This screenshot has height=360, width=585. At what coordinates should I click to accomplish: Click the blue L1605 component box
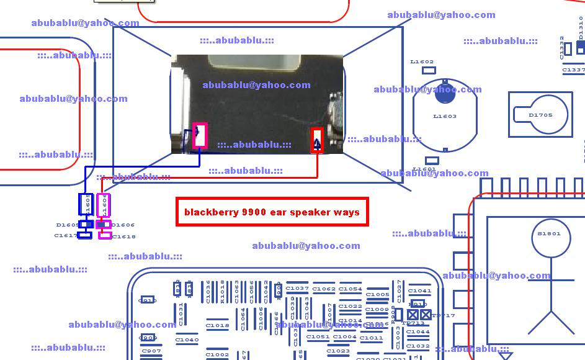tap(86, 204)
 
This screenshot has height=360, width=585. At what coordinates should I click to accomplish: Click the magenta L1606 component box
tap(104, 204)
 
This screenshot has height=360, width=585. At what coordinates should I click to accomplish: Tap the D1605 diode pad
tap(86, 224)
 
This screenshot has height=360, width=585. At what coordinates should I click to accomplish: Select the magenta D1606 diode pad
tap(104, 224)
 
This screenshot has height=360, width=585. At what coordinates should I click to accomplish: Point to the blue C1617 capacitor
tap(85, 235)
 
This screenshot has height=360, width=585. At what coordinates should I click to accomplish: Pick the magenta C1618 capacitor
tap(104, 235)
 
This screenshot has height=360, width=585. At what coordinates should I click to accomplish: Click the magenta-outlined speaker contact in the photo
tap(200, 135)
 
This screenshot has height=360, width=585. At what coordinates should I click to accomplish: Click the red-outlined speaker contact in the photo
tap(317, 140)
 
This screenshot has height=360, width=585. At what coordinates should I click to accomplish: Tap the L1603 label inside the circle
tap(444, 116)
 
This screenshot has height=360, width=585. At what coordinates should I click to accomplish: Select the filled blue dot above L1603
tap(445, 93)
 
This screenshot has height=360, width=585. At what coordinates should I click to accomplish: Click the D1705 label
tap(540, 115)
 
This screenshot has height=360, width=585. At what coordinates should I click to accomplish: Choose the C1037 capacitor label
tap(297, 289)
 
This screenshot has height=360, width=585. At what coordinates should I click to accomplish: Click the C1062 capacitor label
tap(324, 289)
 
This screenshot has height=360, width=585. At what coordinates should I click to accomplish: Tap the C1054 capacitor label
tap(350, 289)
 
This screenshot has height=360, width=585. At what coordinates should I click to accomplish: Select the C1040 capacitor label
tap(187, 340)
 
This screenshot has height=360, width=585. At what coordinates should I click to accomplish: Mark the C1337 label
tap(573, 70)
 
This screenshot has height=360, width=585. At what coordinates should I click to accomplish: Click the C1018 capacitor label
tap(217, 325)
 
